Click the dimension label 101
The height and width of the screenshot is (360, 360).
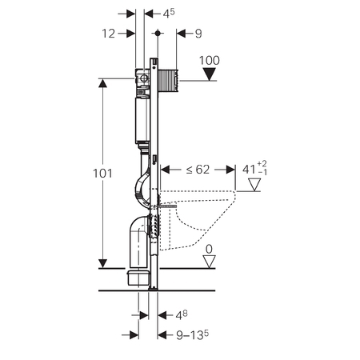tap(102, 174)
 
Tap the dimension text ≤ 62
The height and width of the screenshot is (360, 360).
tap(198, 170)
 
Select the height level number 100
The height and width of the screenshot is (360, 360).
tap(210, 61)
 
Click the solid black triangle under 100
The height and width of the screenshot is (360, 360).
tap(210, 74)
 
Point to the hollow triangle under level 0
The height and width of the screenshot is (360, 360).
tap(209, 262)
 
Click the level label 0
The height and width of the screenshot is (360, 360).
tap(209, 250)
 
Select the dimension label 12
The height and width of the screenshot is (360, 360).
tap(109, 34)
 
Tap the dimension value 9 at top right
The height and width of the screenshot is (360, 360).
tap(198, 34)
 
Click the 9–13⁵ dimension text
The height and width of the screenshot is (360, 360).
tap(193, 335)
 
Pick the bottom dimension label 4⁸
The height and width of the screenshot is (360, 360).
tap(182, 315)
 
